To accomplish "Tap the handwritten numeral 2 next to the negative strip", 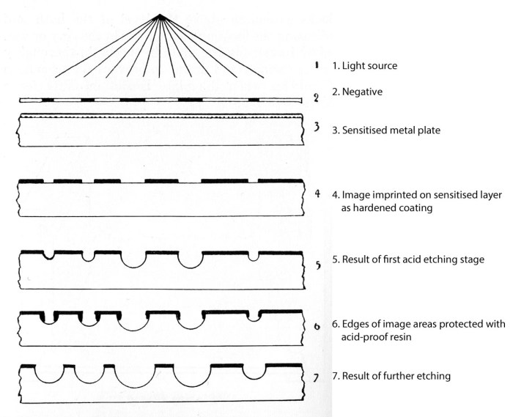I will (x=315, y=98).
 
